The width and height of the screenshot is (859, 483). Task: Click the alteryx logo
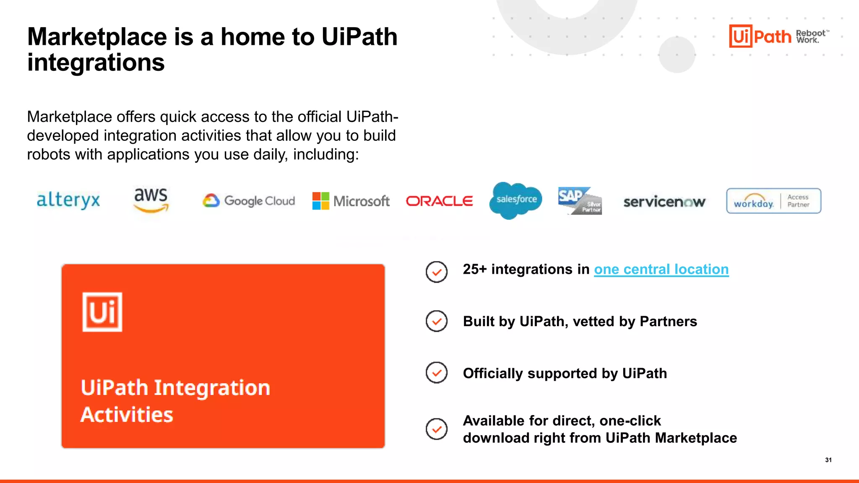coord(68,200)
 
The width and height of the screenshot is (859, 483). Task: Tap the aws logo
coord(151,200)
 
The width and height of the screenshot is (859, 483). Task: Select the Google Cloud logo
coord(249,201)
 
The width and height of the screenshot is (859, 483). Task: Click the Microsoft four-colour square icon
coord(321,201)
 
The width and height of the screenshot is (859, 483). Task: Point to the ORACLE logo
coord(439,201)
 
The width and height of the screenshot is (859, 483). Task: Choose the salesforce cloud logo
coord(516,200)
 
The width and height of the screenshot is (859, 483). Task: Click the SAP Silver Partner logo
coord(580,201)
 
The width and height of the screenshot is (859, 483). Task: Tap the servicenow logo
coord(664,202)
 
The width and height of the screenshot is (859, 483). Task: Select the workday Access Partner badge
coord(773,201)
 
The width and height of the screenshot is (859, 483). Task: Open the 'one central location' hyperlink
coord(661,269)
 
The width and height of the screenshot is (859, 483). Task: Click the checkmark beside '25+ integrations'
coord(437,272)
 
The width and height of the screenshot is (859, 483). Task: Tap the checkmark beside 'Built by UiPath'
coord(437,321)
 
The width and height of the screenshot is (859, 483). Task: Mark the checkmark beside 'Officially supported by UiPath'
coord(437,373)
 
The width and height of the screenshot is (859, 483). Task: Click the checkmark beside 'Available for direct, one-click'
coord(437,429)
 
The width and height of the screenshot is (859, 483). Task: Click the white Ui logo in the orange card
coord(102,312)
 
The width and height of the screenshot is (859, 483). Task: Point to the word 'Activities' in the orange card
coord(127,415)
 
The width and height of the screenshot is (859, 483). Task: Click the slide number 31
coord(828,460)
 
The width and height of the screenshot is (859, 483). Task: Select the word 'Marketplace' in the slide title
coord(97,37)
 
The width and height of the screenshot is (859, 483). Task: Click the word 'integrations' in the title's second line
coord(96,63)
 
